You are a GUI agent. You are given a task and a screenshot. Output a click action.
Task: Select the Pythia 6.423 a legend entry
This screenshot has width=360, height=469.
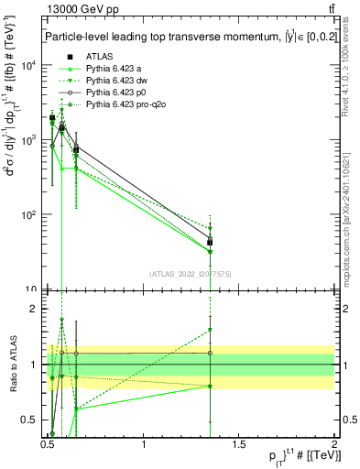pyautogui.click(x=114, y=70)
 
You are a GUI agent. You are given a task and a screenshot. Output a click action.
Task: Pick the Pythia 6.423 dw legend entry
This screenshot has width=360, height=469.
pyautogui.click(x=116, y=82)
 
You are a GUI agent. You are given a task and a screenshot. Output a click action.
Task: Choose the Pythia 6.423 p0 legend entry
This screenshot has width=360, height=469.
pyautogui.click(x=115, y=93)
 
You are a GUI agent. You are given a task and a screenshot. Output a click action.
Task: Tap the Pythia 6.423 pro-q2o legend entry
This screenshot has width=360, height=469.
pyautogui.click(x=124, y=105)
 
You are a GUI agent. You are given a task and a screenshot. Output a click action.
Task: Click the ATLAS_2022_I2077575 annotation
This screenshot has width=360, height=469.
pyautogui.click(x=190, y=273)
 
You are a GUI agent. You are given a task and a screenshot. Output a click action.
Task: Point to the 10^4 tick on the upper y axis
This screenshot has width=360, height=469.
pyautogui.click(x=30, y=65)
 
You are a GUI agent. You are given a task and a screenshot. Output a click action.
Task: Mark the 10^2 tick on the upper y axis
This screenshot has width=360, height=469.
pyautogui.click(x=30, y=214)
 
